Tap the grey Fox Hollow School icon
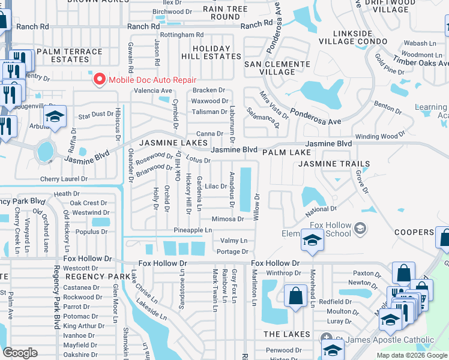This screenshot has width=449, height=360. (x=360, y=228)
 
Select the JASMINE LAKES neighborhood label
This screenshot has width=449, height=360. (x=173, y=143)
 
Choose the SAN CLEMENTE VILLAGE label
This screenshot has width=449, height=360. (x=269, y=67)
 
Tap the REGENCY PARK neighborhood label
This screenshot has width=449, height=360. (x=98, y=276)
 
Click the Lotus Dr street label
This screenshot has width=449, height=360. (x=198, y=160)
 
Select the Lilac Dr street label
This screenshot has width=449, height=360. (x=215, y=187)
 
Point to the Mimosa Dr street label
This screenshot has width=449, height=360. (x=228, y=219)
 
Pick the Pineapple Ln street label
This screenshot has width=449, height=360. (x=193, y=230)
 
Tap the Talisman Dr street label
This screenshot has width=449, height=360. (x=209, y=112)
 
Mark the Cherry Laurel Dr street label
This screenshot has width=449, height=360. (x=64, y=179)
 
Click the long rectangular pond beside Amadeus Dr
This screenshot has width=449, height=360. (x=246, y=189)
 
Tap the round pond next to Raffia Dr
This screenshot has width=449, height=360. (x=45, y=151)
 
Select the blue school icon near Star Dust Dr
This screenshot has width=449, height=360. (x=55, y=118)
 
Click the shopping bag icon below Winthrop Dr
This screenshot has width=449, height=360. (x=295, y=296)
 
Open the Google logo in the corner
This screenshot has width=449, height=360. (x=20, y=353)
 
